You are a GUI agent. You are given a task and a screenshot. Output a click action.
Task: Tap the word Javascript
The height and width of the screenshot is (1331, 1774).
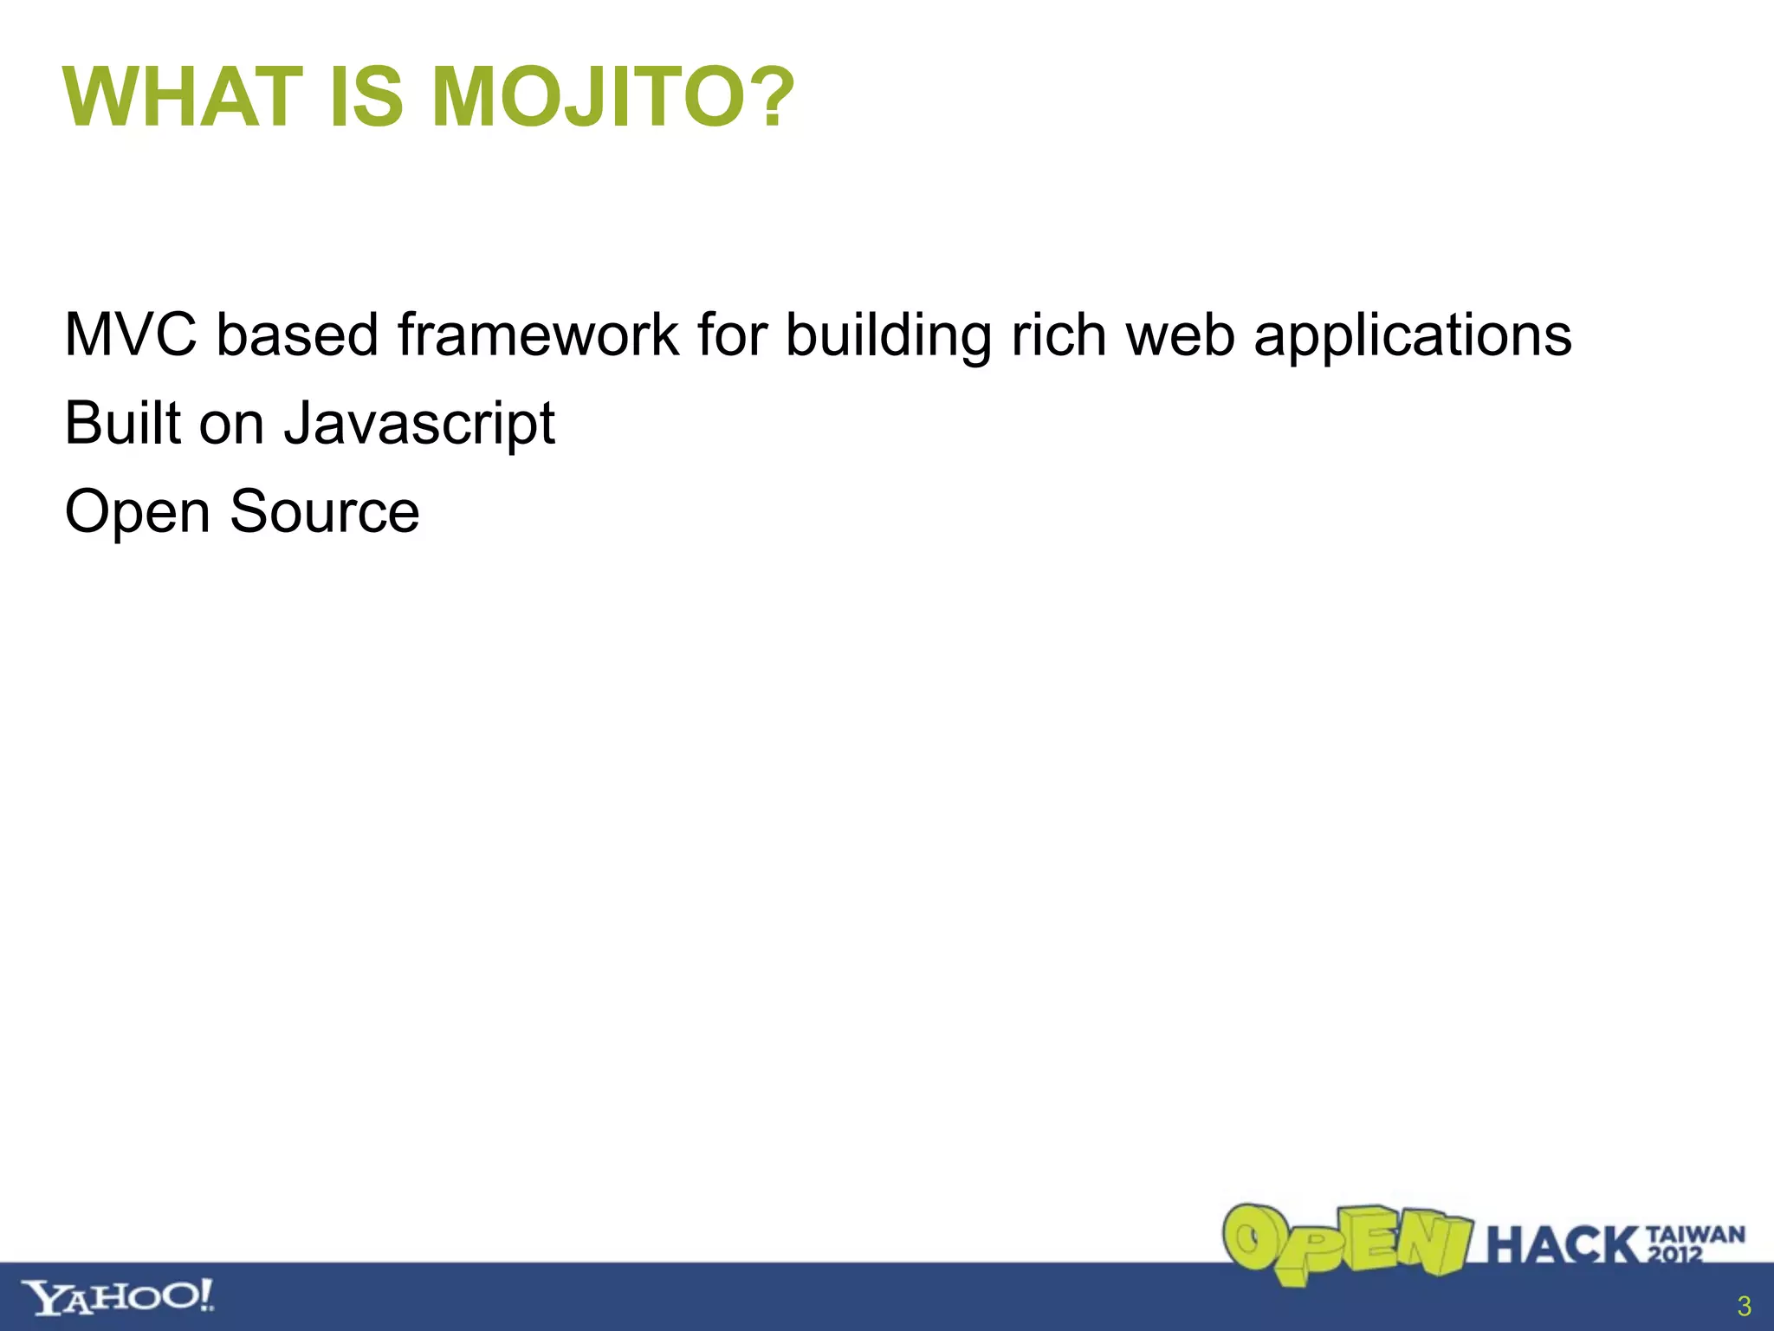pos(419,424)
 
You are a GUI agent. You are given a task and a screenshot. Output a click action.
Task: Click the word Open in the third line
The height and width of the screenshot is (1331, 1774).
pos(137,512)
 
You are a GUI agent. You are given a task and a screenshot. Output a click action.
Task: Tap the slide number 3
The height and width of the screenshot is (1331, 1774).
pos(1744,1306)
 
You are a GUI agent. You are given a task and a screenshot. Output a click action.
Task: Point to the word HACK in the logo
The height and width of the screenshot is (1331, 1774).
pos(1564,1246)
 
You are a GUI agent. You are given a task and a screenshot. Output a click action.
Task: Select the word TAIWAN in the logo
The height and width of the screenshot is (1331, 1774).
pos(1696,1234)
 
